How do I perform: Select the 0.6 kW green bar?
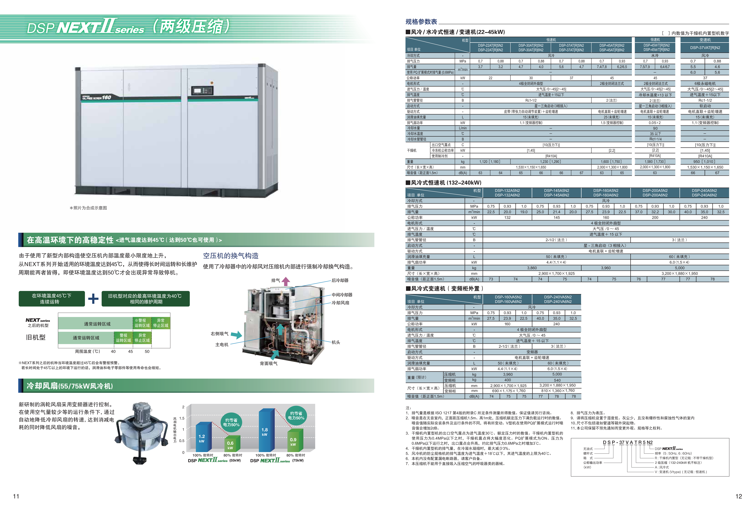tap(232, 444)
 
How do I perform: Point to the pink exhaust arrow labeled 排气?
tap(286, 281)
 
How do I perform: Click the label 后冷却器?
tap(340, 280)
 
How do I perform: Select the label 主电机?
tap(222, 345)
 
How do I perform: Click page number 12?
tap(739, 496)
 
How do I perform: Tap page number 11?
tap(16, 496)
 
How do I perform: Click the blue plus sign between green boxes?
tap(93, 298)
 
